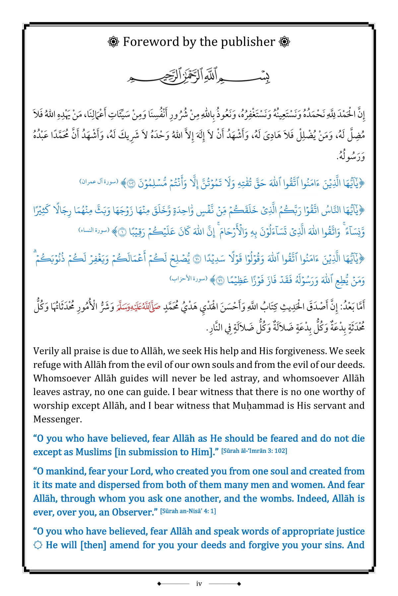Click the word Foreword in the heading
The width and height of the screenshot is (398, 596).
(151, 42)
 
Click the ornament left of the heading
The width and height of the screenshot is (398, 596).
(113, 42)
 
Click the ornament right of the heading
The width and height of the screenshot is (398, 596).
(285, 42)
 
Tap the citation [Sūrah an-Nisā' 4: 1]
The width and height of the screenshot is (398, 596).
(188, 511)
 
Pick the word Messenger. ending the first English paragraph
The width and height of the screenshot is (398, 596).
(57, 419)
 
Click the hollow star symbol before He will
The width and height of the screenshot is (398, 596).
(38, 545)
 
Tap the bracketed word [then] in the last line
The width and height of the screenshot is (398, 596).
(93, 545)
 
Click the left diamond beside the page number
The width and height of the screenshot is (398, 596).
(159, 584)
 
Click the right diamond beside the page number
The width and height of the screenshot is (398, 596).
(239, 584)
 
